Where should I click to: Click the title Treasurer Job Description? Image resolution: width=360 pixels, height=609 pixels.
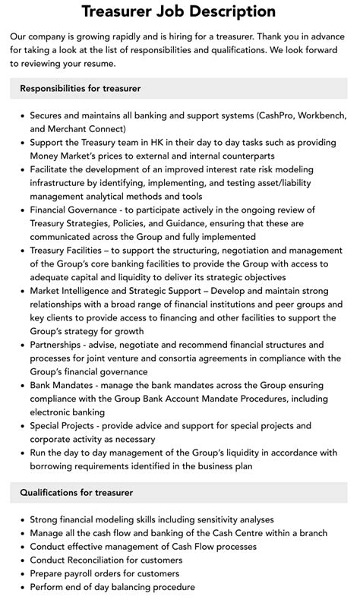point(179,11)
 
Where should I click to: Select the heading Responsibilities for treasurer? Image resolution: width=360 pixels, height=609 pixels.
point(81,88)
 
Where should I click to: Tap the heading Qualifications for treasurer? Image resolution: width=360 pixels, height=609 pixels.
point(77,493)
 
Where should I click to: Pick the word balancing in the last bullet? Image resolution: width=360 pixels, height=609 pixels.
point(126,588)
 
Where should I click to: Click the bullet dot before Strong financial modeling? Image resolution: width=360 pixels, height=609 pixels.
point(21,520)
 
